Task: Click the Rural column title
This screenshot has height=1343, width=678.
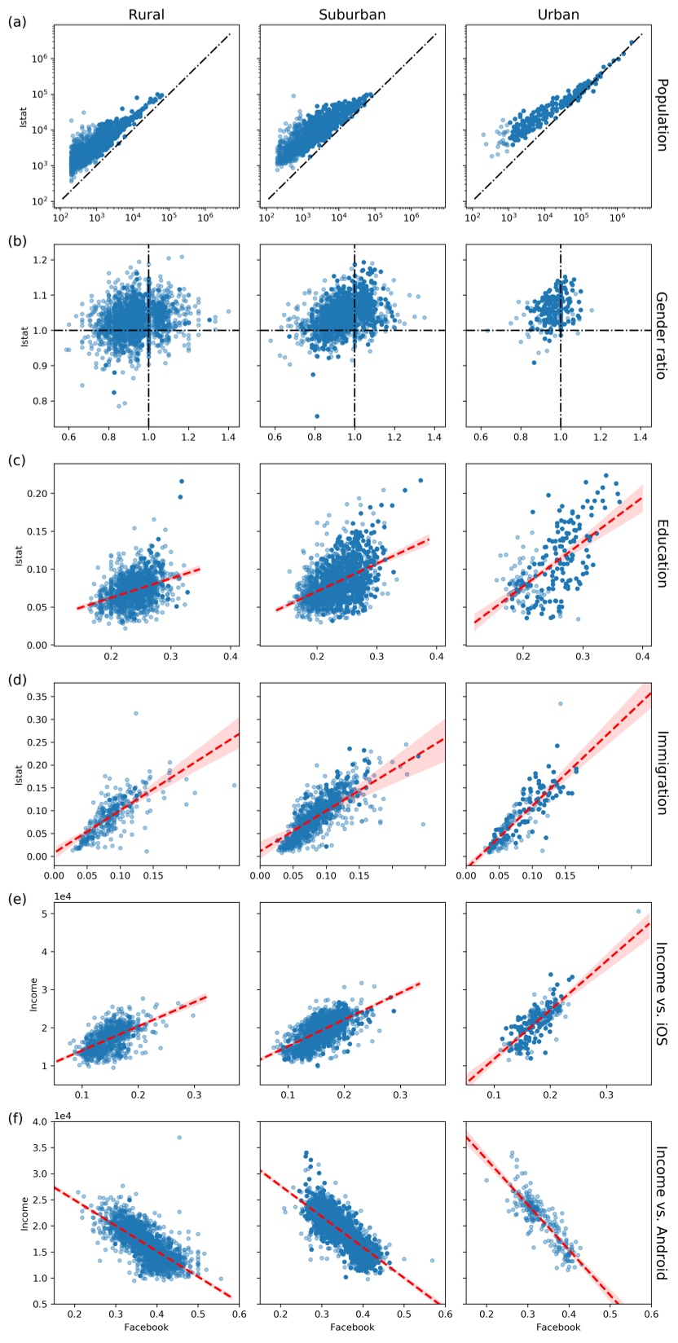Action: pyautogui.click(x=147, y=14)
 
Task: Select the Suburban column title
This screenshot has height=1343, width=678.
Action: pyautogui.click(x=353, y=14)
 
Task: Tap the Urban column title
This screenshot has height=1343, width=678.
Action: pyautogui.click(x=558, y=14)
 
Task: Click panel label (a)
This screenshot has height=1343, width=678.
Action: pyautogui.click(x=17, y=22)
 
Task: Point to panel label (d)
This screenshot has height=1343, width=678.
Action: pyautogui.click(x=17, y=679)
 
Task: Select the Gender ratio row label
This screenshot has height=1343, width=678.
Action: pyautogui.click(x=662, y=334)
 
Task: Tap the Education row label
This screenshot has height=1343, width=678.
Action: pyautogui.click(x=662, y=553)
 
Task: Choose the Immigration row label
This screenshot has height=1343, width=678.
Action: pyautogui.click(x=662, y=773)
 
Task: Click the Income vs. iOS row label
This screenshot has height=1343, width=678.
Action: pyautogui.click(x=662, y=993)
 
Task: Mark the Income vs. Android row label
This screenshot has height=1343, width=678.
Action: pyautogui.click(x=662, y=1213)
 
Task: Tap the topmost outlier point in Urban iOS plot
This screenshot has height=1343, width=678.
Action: pyautogui.click(x=638, y=912)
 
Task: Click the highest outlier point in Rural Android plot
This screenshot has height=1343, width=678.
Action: pyautogui.click(x=179, y=1138)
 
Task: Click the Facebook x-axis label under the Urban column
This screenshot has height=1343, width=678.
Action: pyautogui.click(x=558, y=1327)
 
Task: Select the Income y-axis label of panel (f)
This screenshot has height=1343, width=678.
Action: pyautogui.click(x=24, y=1213)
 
